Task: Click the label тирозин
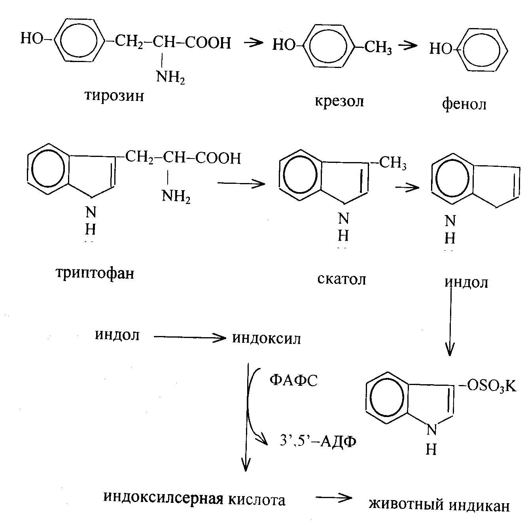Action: [114, 96]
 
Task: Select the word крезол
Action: [339, 102]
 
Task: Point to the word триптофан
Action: [95, 274]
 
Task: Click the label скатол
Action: [342, 279]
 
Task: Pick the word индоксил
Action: [267, 338]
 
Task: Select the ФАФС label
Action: [293, 380]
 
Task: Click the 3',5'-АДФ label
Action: [318, 442]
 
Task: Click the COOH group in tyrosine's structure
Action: [208, 43]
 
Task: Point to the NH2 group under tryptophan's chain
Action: [176, 196]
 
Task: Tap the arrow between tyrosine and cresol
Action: [254, 43]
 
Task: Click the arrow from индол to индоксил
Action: [189, 338]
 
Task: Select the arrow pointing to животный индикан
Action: [334, 497]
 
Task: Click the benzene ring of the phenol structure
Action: [482, 51]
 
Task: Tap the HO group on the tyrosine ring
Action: [32, 38]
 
